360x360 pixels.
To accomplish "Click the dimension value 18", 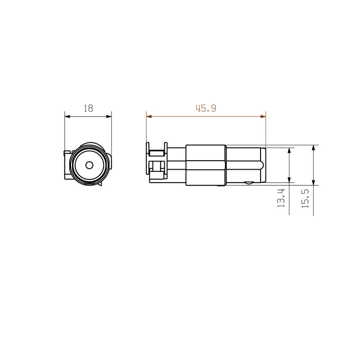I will click(88, 108).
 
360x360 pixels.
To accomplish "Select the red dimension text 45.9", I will click(206, 108).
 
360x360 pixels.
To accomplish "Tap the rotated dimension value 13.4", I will click(281, 198).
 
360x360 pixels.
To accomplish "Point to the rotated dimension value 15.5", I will click(305, 198).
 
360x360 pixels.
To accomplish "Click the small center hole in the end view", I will click(89, 165).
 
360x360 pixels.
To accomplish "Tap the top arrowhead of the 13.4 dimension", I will click(289, 150).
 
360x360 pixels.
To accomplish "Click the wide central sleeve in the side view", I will click(206, 165).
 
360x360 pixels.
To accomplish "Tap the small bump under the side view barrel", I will click(247, 183).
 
